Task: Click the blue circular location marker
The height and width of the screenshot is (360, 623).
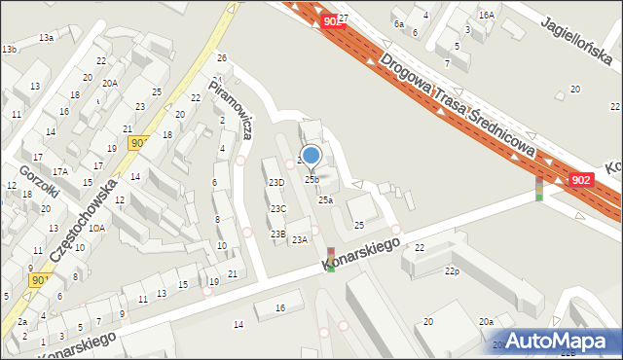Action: [311, 155]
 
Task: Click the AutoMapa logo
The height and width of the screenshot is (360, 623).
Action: [564, 341]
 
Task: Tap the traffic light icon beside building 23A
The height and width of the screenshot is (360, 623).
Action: [331, 258]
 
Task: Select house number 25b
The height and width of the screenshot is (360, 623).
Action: [311, 179]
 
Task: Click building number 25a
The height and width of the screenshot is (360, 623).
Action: [325, 199]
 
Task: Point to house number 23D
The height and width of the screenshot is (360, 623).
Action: [276, 182]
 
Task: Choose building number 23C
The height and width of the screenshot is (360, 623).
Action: [278, 208]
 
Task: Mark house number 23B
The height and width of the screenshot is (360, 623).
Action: [277, 234]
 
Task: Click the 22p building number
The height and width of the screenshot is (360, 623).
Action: [451, 270]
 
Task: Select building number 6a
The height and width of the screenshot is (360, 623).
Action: [398, 23]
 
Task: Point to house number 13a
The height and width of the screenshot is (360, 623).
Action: [46, 37]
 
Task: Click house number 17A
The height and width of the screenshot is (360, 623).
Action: [60, 171]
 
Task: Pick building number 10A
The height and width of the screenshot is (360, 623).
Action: [96, 228]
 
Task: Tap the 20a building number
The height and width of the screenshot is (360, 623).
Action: [484, 321]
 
